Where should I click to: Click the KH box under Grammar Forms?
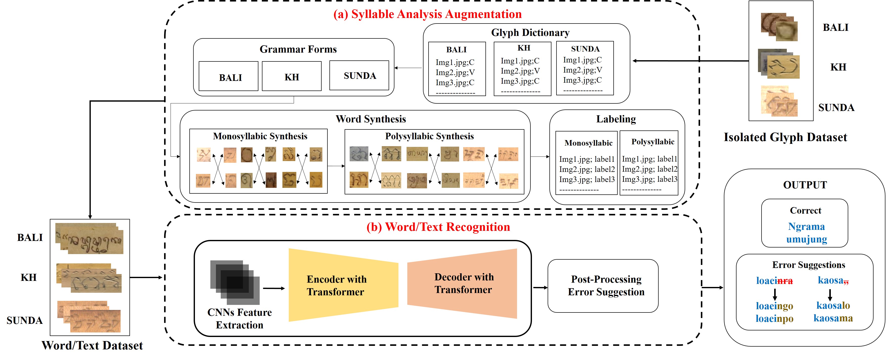[x=292, y=77]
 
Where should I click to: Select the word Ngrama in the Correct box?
[x=806, y=226]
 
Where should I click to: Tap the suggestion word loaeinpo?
[x=774, y=319]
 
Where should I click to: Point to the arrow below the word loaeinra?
[x=774, y=294]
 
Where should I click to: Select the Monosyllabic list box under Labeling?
[x=586, y=163]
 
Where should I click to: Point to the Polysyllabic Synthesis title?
[x=429, y=136]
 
